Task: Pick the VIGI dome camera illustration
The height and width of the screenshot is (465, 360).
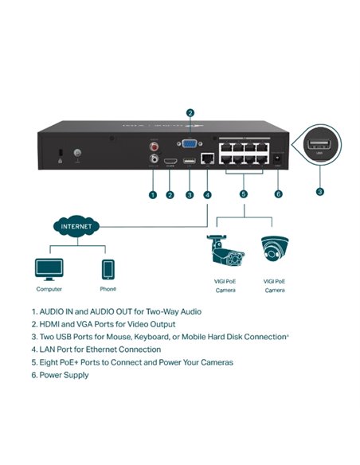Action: tap(274, 248)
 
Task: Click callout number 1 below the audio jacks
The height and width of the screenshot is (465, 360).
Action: tap(151, 194)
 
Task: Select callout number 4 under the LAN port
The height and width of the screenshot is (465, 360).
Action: tap(207, 194)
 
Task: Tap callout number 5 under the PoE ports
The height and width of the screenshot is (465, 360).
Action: tap(243, 194)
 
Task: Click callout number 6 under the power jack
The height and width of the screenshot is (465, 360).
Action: tap(278, 194)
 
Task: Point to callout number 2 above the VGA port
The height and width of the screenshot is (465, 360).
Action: tap(190, 112)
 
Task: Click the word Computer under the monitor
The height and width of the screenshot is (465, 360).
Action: tap(49, 289)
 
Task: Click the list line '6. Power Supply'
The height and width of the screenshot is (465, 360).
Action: tap(60, 375)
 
